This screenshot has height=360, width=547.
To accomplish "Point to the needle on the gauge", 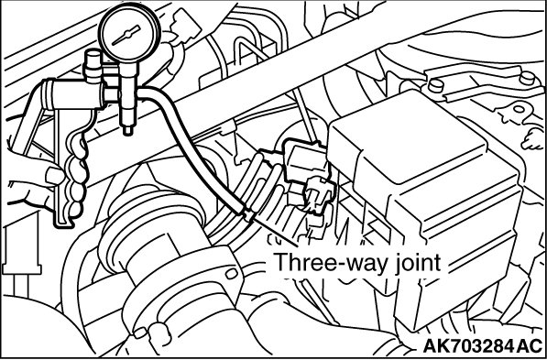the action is point(126,35).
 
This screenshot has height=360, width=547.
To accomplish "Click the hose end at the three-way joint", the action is point(247,213).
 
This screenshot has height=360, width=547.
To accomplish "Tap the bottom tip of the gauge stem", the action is point(128,132).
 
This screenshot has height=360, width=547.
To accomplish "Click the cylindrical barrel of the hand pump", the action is point(73,95).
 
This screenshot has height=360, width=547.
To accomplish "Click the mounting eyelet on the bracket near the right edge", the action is point(519,110).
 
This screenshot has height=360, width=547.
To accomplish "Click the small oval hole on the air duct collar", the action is point(231,273).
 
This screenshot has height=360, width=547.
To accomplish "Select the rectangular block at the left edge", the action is point(21,245).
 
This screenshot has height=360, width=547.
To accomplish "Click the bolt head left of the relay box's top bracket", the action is point(436,85).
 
